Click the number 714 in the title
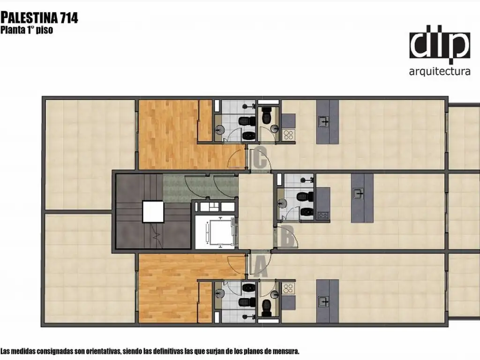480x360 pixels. pos(69,18)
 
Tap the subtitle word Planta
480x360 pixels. pos(13,30)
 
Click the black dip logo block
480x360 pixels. pos(440,45)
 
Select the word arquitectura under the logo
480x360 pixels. pos(440,72)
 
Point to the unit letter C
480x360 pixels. pos(260,158)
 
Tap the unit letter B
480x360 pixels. pos(287,236)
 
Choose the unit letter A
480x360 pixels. pos(260,267)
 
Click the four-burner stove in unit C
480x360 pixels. pos(288,135)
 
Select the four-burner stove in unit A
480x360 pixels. pos(288,288)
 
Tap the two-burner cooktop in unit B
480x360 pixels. pos(322,215)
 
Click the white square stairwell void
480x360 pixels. pos(153,211)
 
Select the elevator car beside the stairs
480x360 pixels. pos(220,232)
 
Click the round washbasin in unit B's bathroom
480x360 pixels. pos(282,202)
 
